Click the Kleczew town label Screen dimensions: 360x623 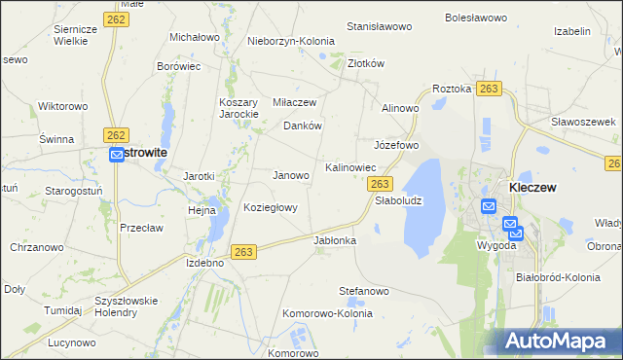pyautogui.click(x=532, y=187)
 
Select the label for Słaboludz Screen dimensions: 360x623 pyautogui.click(x=398, y=200)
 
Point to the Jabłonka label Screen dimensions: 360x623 pyautogui.click(x=335, y=239)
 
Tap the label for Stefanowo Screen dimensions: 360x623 pyautogui.click(x=364, y=290)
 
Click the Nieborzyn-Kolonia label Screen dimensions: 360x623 pyautogui.click(x=291, y=41)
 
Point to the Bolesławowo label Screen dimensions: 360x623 pyautogui.click(x=477, y=18)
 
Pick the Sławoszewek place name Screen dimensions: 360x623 pyautogui.click(x=584, y=122)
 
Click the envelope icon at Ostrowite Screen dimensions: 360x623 pyautogui.click(x=117, y=154)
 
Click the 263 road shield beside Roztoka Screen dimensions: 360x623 pyautogui.click(x=490, y=89)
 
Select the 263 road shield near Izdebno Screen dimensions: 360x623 pyautogui.click(x=244, y=252)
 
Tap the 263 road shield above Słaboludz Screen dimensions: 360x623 pyautogui.click(x=381, y=184)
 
